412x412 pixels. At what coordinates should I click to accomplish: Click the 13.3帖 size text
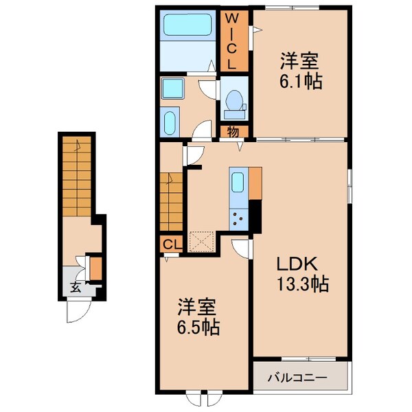coord(302,284)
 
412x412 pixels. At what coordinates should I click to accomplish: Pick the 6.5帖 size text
coord(199,328)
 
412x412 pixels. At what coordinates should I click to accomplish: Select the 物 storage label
coord(233,130)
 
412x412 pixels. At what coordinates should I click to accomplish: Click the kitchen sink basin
coord(238,182)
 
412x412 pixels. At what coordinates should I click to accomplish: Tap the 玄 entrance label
coord(75,287)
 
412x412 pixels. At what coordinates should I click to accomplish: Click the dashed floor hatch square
coord(203,242)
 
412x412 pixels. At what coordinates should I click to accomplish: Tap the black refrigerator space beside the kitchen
coord(255,216)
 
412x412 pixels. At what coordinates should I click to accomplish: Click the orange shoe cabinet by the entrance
coord(95,268)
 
